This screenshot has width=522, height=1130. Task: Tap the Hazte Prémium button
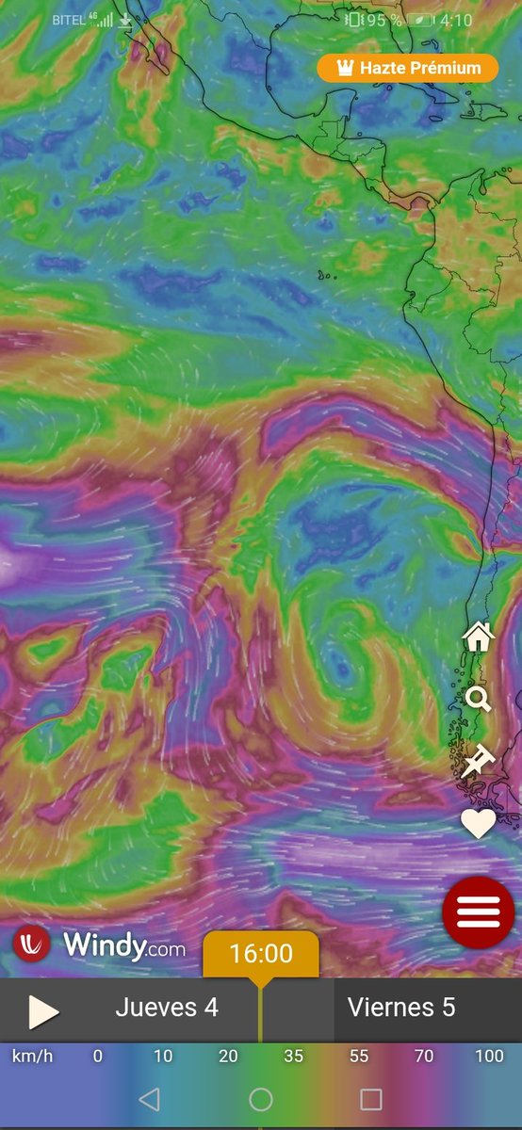tap(407, 68)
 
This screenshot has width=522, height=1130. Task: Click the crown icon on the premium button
tap(342, 68)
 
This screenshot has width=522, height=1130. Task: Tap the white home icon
tap(479, 638)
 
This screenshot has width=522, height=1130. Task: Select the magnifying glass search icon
tap(479, 699)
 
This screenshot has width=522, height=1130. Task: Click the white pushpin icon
tap(479, 759)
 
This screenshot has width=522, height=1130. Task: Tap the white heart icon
tap(479, 823)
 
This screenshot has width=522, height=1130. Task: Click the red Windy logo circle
tap(32, 943)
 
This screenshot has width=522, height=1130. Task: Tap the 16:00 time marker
tap(261, 954)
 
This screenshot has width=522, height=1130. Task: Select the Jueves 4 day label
tap(167, 1008)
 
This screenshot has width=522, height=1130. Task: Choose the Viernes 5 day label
tap(401, 1008)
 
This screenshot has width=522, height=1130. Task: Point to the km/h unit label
tap(32, 1056)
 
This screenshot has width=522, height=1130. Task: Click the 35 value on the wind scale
tap(294, 1056)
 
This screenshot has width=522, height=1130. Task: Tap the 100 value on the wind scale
tap(489, 1056)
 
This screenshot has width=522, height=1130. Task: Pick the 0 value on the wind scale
tap(97, 1056)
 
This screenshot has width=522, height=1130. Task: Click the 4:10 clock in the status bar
tap(481, 20)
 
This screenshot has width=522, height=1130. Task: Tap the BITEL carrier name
tap(68, 20)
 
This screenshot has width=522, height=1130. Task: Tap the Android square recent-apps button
tap(371, 1099)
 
